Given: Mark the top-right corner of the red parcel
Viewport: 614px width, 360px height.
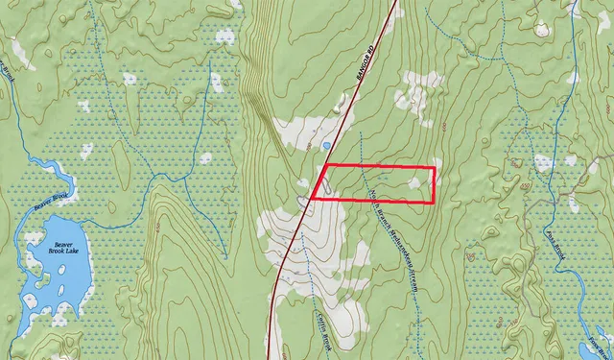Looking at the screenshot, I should (x=434, y=168).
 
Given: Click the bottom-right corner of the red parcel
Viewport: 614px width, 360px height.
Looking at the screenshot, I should (x=434, y=202).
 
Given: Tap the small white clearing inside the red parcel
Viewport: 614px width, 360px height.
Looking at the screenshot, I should (x=415, y=180).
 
